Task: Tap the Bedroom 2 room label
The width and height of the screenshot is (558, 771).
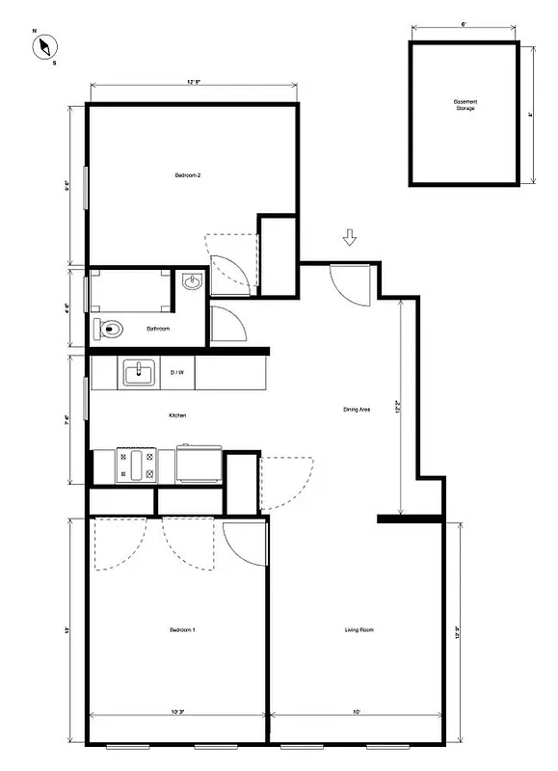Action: [x=187, y=175]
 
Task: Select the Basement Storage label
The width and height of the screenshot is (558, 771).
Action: [x=465, y=104]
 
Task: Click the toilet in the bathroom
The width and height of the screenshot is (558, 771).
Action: [x=112, y=330]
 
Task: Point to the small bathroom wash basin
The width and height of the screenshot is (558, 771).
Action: [x=190, y=282]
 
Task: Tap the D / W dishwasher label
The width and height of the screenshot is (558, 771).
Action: [x=178, y=372]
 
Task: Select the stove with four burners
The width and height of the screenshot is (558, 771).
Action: [x=137, y=465]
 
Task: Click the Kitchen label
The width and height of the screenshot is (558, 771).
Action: [x=177, y=415]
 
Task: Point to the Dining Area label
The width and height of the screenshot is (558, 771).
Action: [x=357, y=410]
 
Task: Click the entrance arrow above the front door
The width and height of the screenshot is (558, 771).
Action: [x=350, y=237]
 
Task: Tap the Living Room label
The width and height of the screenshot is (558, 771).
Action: [x=359, y=631]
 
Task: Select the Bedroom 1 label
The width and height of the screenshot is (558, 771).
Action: [x=183, y=630]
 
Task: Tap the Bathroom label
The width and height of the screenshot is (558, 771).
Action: [x=158, y=330]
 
